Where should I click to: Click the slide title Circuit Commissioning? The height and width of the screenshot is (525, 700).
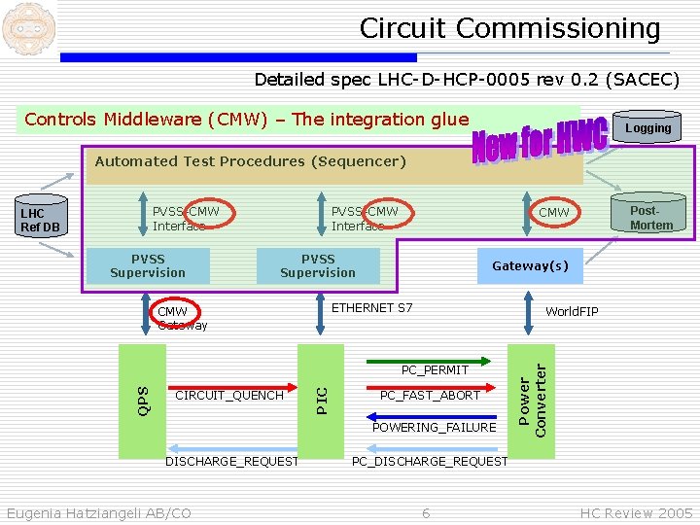pyautogui.click(x=509, y=28)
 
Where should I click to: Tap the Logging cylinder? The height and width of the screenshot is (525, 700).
pyautogui.click(x=647, y=127)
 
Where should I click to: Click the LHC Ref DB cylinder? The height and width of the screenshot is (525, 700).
pyautogui.click(x=41, y=221)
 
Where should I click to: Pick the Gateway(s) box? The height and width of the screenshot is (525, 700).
pyautogui.click(x=530, y=265)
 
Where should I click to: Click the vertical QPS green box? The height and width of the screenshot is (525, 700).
pyautogui.click(x=143, y=399)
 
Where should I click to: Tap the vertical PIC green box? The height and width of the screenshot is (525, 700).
pyautogui.click(x=322, y=399)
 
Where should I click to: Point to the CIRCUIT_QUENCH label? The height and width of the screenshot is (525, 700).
pyautogui.click(x=229, y=396)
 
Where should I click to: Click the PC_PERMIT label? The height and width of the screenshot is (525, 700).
pyautogui.click(x=436, y=369)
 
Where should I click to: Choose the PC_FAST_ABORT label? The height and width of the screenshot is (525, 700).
pyautogui.click(x=430, y=396)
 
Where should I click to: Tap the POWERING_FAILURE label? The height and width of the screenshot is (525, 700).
pyautogui.click(x=435, y=428)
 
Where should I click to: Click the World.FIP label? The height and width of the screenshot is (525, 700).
pyautogui.click(x=572, y=312)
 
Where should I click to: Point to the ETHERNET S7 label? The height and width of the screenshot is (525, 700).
pyautogui.click(x=372, y=308)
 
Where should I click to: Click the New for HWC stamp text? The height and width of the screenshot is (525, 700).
pyautogui.click(x=541, y=142)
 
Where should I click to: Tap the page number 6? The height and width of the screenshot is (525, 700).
pyautogui.click(x=426, y=512)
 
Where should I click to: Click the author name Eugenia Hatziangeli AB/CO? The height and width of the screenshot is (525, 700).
pyautogui.click(x=98, y=512)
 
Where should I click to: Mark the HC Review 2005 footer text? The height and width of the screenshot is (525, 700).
pyautogui.click(x=636, y=512)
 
